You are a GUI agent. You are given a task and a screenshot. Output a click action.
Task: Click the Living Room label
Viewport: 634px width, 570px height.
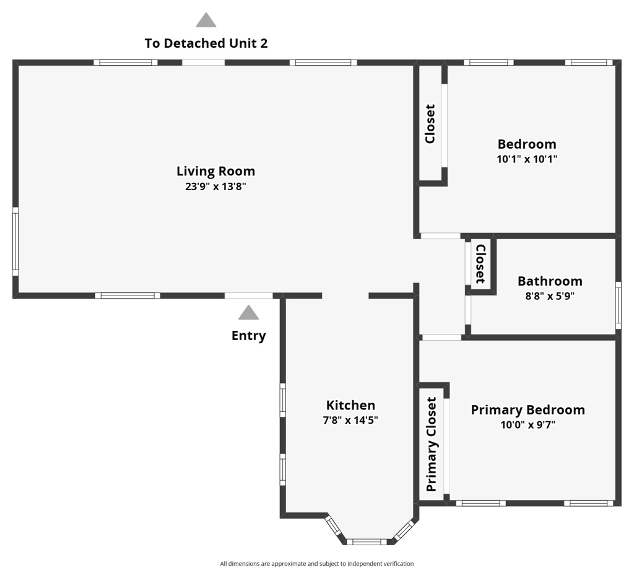(x=215, y=171)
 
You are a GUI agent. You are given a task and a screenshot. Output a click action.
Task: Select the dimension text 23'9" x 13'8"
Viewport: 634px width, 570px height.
(x=215, y=186)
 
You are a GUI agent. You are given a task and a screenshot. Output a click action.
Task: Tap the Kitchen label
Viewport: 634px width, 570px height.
(x=350, y=405)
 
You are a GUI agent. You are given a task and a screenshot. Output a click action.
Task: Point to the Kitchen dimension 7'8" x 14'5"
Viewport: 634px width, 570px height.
(x=350, y=420)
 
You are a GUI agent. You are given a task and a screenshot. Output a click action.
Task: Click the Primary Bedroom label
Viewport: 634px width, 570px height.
(x=528, y=410)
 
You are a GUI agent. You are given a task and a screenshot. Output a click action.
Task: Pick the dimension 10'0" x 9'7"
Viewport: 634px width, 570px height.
(x=528, y=425)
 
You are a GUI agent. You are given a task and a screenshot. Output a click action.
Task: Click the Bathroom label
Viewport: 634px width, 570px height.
(x=550, y=281)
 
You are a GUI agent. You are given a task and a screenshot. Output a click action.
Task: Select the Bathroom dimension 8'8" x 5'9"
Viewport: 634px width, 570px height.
(x=550, y=296)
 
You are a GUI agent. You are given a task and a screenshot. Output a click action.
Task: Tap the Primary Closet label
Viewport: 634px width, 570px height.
(x=432, y=444)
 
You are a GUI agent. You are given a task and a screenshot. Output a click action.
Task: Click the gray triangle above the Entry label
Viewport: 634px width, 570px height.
(x=248, y=313)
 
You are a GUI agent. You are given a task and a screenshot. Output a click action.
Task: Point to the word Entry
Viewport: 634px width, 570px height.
(x=248, y=336)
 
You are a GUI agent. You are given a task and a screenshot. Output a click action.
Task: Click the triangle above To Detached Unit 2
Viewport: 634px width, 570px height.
(x=206, y=21)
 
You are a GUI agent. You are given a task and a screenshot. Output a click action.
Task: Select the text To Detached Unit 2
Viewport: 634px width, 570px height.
(x=206, y=43)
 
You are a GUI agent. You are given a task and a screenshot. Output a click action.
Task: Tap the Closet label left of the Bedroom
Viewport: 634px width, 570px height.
(x=430, y=124)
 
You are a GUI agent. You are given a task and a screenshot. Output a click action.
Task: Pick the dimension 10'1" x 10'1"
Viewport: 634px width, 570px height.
(x=527, y=159)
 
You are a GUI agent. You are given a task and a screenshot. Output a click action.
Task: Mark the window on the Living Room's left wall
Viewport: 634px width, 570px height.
(x=15, y=242)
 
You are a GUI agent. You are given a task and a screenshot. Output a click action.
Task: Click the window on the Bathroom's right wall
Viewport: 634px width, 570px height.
(x=618, y=305)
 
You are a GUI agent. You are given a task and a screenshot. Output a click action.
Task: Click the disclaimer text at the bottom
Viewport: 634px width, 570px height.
(x=316, y=564)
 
